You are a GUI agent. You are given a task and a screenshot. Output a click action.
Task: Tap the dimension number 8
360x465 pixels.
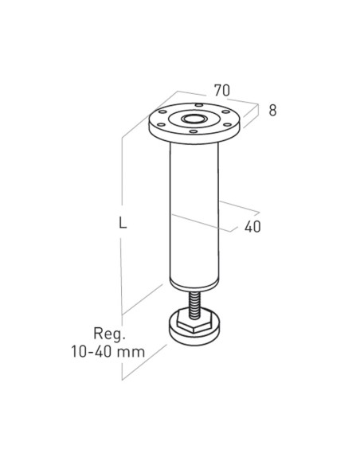(x=272, y=111)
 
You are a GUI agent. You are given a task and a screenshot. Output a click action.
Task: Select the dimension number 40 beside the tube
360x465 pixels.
(x=252, y=226)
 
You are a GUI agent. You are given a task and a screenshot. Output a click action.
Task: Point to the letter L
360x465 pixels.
(x=123, y=224)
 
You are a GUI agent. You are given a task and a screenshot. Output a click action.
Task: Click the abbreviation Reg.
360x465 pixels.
(x=108, y=333)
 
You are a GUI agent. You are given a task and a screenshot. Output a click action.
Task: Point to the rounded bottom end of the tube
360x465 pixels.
(x=194, y=282)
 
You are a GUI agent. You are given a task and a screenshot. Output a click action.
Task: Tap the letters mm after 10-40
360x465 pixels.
(x=140, y=350)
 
